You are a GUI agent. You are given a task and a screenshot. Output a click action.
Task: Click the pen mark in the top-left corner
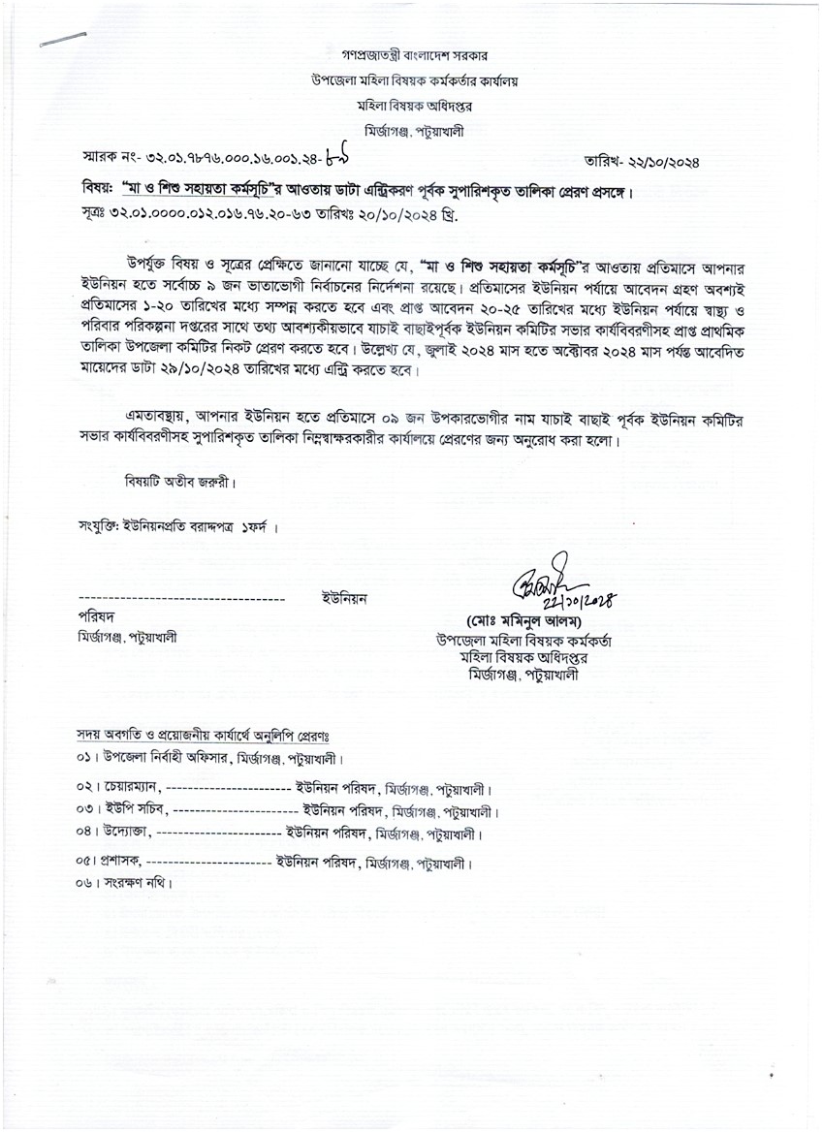[64, 39]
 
